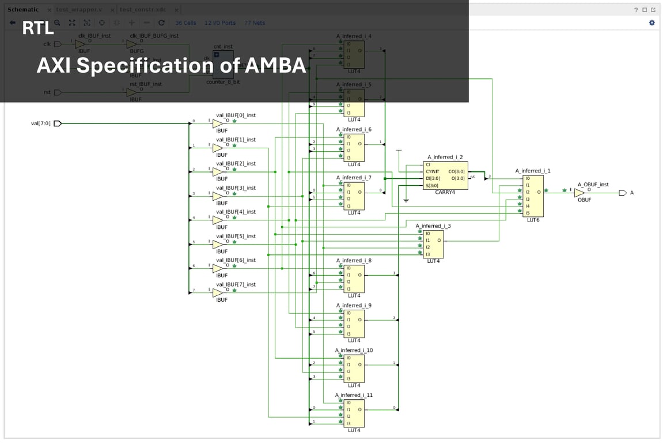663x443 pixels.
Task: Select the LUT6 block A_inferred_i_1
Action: tap(533, 196)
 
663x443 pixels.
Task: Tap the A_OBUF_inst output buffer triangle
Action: tap(579, 193)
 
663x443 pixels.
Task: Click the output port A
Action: tap(622, 193)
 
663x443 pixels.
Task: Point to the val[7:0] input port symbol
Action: tap(57, 123)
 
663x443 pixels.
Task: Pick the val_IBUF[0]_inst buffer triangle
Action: tap(217, 123)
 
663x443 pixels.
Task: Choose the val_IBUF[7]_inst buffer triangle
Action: tap(217, 292)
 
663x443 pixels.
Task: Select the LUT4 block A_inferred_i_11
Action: tap(354, 412)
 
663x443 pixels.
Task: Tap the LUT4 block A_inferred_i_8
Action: tap(354, 278)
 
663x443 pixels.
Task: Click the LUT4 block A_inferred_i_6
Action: tap(354, 147)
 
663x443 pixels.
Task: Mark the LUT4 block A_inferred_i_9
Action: tap(354, 323)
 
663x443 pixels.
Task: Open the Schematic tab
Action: tap(22, 10)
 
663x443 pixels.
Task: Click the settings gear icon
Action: tap(651, 22)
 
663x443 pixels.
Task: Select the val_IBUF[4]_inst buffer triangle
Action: tap(217, 220)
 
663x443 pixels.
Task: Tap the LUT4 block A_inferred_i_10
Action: tap(354, 368)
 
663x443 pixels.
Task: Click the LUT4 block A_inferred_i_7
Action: tap(354, 196)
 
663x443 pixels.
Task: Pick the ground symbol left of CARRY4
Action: tap(406, 200)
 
